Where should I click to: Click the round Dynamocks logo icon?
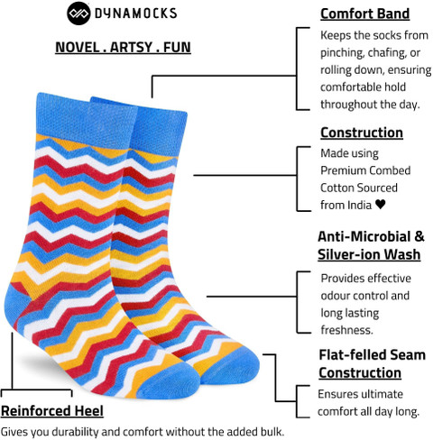78,14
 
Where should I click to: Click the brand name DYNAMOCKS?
136,14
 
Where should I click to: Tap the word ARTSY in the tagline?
131,48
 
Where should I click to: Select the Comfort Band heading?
365,14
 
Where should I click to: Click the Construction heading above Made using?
362,133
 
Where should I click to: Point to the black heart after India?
381,205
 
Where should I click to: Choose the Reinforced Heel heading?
52,411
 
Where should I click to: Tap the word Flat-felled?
352,355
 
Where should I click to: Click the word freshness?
347,330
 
